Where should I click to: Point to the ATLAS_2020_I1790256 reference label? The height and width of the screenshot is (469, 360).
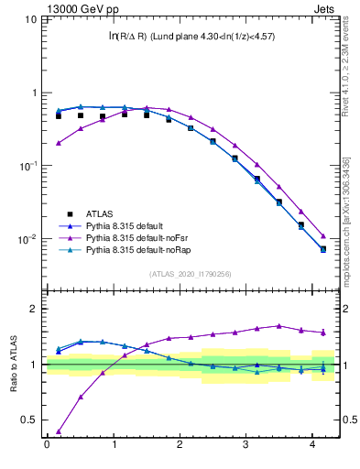click(191, 273)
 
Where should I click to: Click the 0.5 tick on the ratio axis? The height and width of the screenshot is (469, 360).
click(31, 420)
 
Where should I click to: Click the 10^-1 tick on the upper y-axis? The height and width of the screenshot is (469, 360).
click(27, 166)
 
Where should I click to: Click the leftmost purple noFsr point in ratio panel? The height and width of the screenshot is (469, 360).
click(59, 431)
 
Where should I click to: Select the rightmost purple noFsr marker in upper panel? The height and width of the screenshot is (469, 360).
click(322, 236)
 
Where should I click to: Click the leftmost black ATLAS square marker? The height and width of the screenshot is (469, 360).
click(59, 116)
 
